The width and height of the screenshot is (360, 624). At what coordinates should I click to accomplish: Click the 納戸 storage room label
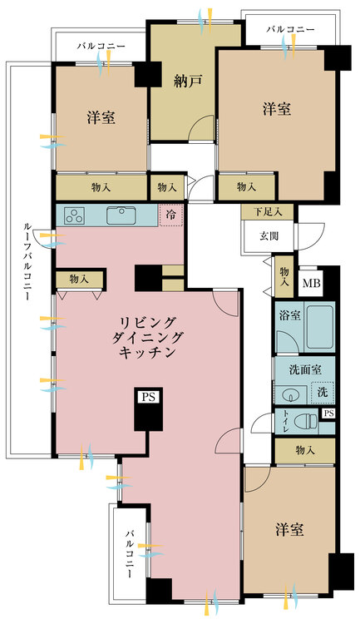pyautogui.click(x=188, y=81)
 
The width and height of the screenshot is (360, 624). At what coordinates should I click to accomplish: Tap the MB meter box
pyautogui.click(x=311, y=284)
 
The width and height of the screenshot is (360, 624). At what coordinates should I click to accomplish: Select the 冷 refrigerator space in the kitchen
pyautogui.click(x=171, y=215)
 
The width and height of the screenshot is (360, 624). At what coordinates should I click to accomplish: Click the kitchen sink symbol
pyautogui.click(x=121, y=215)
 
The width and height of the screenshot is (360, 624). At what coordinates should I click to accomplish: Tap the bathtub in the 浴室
pyautogui.click(x=319, y=327)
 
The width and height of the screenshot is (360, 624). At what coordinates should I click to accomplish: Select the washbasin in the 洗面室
pyautogui.click(x=291, y=395)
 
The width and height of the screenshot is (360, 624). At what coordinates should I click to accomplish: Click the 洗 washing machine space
pyautogui.click(x=323, y=393)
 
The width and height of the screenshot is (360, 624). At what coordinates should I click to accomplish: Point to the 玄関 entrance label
pyautogui.click(x=269, y=236)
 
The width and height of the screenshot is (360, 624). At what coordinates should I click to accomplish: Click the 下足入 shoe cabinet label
pyautogui.click(x=268, y=211)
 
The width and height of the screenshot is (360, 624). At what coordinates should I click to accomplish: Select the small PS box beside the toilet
pyautogui.click(x=328, y=414)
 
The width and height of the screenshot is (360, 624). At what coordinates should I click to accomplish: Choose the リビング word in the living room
pyautogui.click(x=148, y=321)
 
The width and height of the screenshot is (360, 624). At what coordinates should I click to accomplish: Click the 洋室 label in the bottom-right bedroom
pyautogui.click(x=289, y=529)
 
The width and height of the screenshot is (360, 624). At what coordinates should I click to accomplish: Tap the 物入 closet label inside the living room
pyautogui.click(x=79, y=279)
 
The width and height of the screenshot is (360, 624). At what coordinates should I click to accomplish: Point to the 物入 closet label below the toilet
pyautogui.click(x=305, y=450)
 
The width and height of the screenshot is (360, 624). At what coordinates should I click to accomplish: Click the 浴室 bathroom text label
pyautogui.click(x=289, y=316)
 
